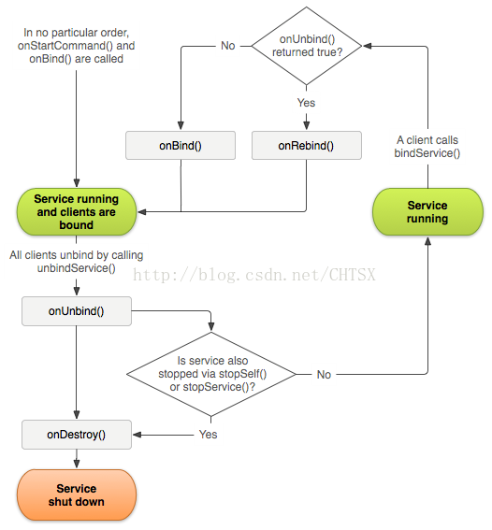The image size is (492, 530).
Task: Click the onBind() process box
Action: click(181, 145)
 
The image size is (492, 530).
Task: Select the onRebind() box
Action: click(307, 145)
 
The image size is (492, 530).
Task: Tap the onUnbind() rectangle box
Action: click(77, 311)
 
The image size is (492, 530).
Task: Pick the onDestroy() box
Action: click(77, 435)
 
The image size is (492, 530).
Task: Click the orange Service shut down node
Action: click(77, 494)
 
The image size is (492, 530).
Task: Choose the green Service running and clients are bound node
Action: click(77, 212)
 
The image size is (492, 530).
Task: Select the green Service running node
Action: click(427, 212)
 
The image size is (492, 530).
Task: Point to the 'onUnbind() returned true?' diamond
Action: click(307, 46)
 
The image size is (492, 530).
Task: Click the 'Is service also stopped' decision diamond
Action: click(211, 374)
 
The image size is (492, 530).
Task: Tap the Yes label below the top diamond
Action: click(306, 103)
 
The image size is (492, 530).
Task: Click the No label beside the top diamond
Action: click(228, 46)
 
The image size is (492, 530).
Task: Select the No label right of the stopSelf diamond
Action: click(324, 375)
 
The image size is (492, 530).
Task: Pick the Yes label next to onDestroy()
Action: click(208, 435)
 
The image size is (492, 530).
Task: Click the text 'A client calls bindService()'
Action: click(427, 147)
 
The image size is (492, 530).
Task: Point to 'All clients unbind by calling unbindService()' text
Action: click(77, 262)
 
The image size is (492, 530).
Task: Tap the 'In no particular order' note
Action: click(77, 46)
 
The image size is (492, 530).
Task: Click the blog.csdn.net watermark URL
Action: click(254, 275)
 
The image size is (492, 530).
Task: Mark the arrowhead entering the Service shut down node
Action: click(77, 464)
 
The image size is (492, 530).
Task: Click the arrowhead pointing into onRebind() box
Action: click(307, 126)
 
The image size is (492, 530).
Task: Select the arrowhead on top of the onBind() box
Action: click(181, 126)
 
